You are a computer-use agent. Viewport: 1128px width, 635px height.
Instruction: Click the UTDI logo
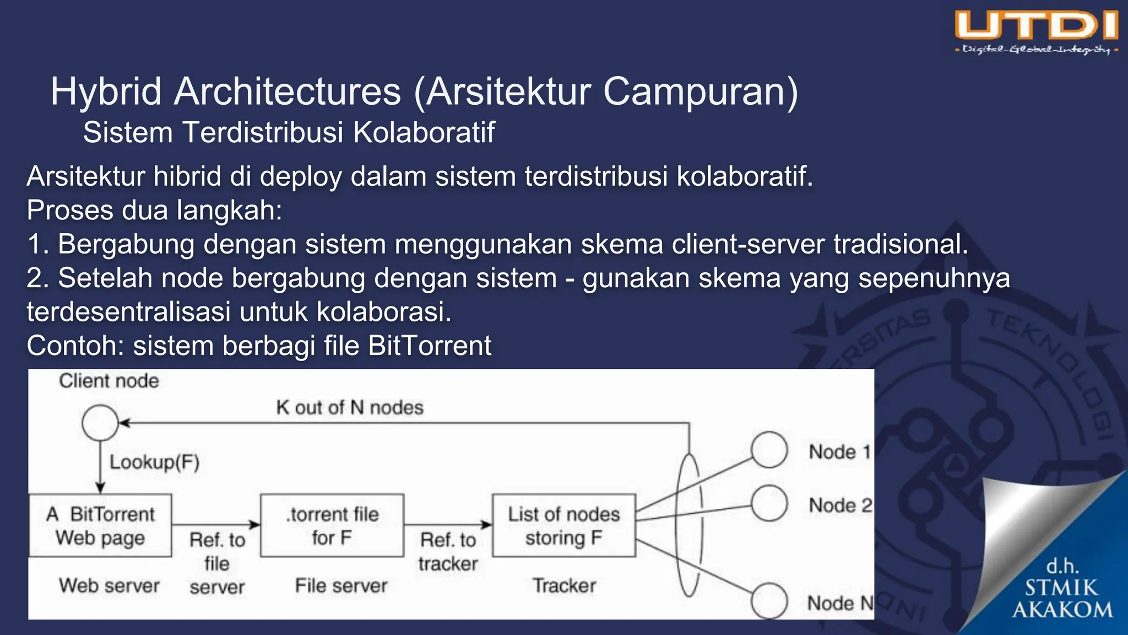click(1037, 32)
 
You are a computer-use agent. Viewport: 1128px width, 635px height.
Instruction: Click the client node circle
click(100, 423)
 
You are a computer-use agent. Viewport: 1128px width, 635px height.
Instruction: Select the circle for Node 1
click(769, 450)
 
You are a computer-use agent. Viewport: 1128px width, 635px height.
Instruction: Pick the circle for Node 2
click(769, 503)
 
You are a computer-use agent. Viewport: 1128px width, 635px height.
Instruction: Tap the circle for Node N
click(769, 601)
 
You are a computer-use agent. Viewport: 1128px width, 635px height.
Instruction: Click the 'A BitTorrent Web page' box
click(100, 525)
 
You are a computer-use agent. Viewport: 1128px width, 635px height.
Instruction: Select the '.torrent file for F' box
click(332, 525)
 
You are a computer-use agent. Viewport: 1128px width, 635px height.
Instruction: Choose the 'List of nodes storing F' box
click(564, 525)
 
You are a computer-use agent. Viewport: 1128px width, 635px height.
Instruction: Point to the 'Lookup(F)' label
click(154, 462)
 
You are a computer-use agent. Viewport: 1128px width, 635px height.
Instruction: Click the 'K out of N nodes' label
click(350, 407)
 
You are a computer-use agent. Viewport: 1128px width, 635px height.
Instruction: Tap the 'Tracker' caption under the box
click(564, 585)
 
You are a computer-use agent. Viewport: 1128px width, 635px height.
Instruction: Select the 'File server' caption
click(341, 585)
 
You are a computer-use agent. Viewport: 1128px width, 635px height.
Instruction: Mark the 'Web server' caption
click(109, 585)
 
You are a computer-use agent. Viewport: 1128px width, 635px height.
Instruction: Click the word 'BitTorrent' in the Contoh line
click(430, 346)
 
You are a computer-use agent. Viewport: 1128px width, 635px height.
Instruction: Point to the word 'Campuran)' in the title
click(700, 92)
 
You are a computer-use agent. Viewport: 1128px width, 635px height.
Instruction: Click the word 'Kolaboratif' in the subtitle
click(424, 133)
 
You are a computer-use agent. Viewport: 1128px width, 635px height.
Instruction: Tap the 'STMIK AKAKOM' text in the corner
click(1062, 599)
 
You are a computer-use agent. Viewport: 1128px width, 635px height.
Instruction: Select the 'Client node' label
click(109, 381)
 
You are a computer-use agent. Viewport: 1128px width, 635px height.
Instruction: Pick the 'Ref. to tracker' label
click(448, 552)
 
